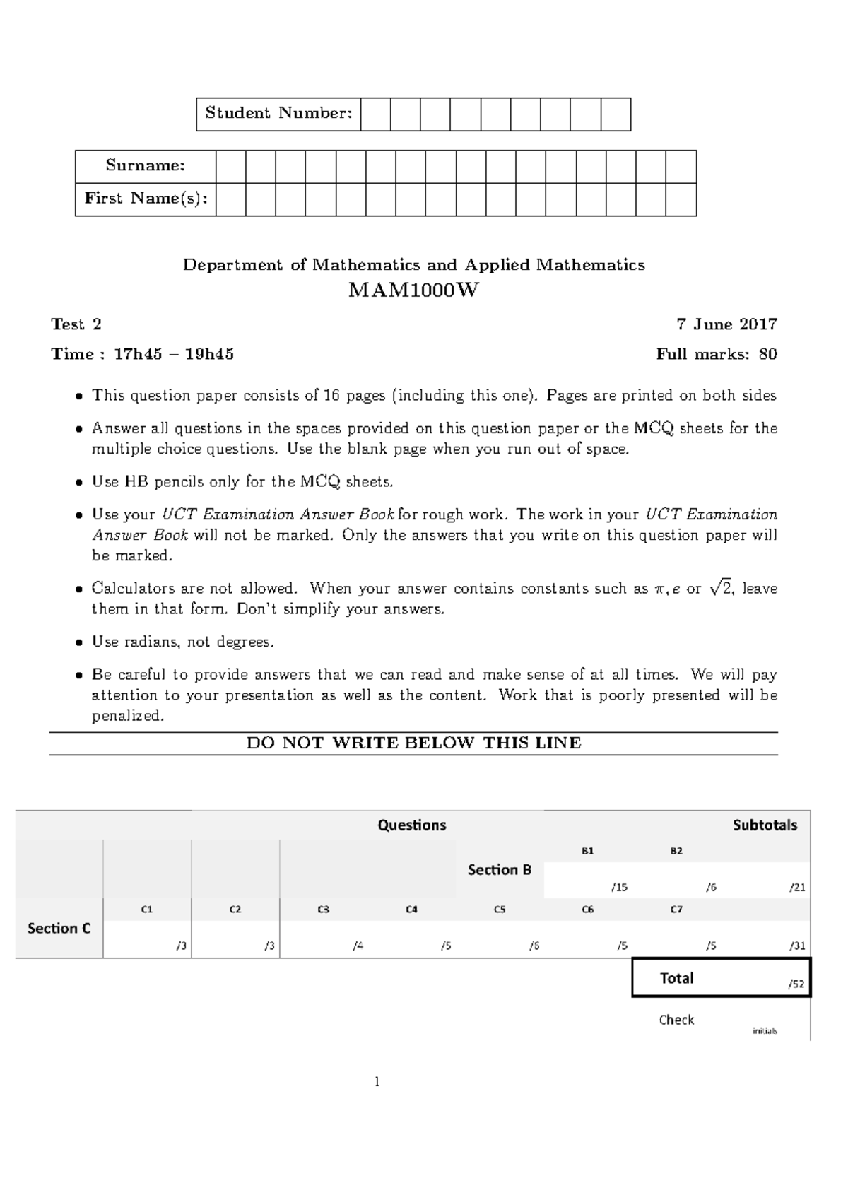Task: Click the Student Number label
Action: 278,113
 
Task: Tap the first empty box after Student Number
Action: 375,114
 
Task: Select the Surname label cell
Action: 146,165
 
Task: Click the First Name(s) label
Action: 146,199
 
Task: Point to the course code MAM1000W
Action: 413,290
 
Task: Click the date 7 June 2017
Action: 726,324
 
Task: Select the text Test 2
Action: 76,324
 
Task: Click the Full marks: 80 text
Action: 717,354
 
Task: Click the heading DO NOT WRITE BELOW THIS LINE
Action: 413,743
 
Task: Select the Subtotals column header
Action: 765,825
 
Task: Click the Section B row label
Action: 499,870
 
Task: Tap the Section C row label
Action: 59,928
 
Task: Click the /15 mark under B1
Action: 619,887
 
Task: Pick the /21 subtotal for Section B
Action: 797,887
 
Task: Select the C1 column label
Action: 147,910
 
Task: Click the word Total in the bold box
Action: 676,978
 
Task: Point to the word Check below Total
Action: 676,1020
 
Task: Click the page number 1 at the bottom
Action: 377,1081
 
